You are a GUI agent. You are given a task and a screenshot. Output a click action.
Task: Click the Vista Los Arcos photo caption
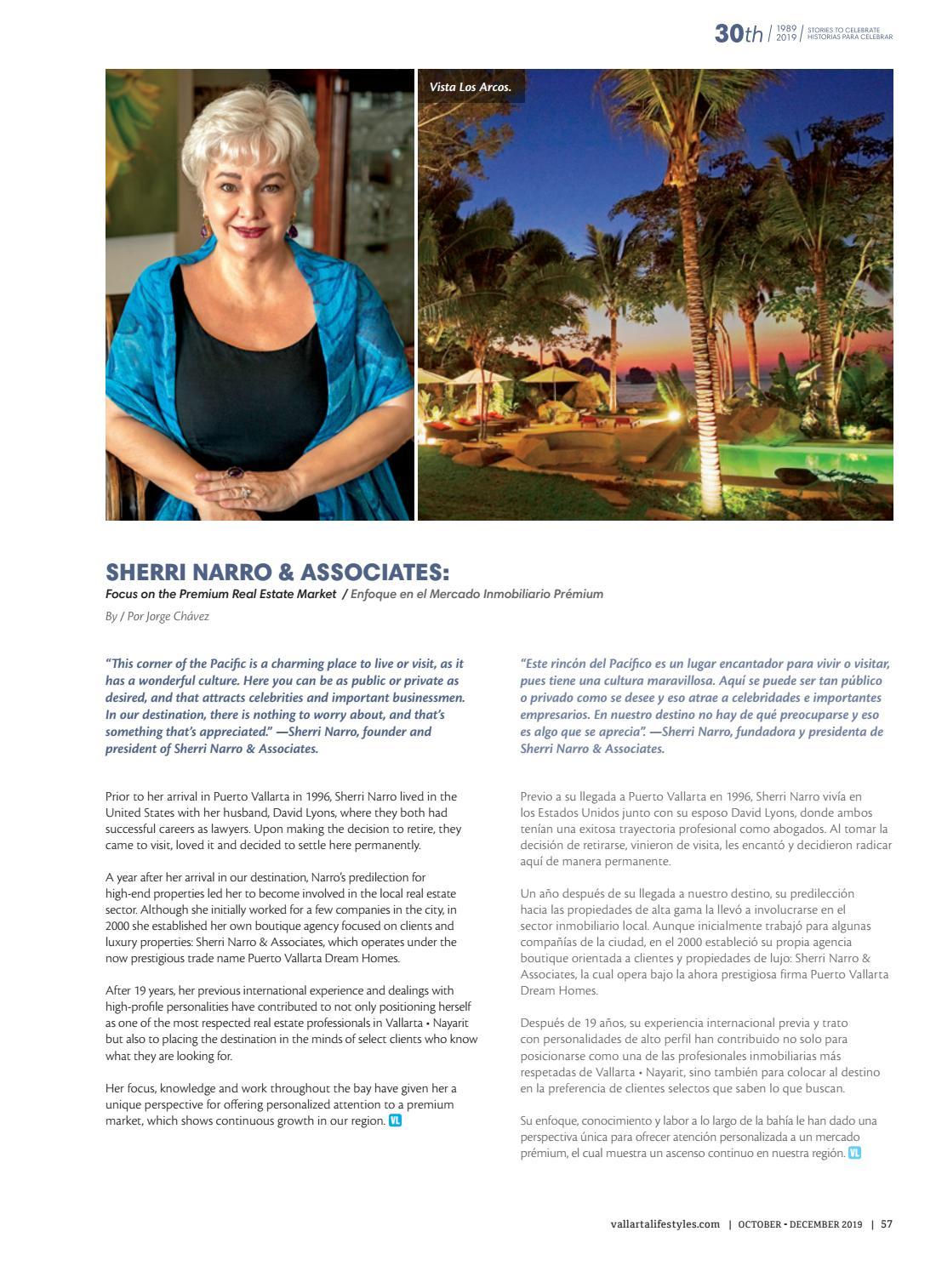pos(471,87)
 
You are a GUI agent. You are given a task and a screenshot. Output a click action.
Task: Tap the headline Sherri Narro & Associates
pos(277,572)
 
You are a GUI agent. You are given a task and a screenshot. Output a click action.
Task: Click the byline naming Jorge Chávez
pos(157,616)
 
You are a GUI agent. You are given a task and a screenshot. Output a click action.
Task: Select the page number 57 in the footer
pos(887,1224)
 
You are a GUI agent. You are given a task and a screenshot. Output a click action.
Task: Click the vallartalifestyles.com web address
pos(665,1224)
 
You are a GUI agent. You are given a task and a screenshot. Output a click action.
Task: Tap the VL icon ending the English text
pos(395,1120)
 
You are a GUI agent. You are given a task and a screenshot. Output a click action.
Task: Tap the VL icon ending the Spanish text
pos(854,1153)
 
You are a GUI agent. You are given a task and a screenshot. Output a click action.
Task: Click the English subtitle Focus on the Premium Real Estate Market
pos(220,594)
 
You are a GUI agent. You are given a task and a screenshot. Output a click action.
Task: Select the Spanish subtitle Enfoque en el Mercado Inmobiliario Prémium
pos(477,594)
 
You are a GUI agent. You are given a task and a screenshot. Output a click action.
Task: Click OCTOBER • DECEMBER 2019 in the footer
pos(800,1224)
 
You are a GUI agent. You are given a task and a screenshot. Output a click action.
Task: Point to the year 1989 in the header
pos(786,29)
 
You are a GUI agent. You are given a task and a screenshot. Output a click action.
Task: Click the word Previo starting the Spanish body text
pos(537,796)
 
